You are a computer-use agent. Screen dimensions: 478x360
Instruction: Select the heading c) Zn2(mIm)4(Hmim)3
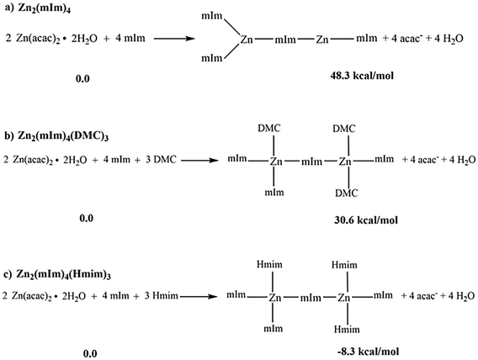point(57,275)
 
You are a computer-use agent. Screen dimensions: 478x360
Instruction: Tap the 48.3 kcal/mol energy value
point(362,75)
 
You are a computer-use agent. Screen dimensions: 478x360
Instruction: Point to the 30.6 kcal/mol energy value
point(366,220)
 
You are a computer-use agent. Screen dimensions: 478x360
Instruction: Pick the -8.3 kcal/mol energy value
point(368,352)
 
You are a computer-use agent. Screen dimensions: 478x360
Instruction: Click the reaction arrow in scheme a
point(174,39)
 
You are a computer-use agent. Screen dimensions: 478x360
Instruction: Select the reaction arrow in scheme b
point(200,160)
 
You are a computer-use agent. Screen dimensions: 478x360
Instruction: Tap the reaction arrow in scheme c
point(199,296)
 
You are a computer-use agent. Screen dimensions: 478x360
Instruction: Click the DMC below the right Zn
point(347,193)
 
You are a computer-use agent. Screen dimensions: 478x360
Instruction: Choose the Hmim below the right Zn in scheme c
point(347,329)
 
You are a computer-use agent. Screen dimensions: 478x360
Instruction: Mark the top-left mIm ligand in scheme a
point(212,16)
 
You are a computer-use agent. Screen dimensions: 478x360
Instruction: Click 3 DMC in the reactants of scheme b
point(161,159)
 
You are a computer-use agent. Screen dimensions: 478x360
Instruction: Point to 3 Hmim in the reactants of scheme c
point(161,295)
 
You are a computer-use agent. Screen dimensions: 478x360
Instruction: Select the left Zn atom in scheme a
point(247,40)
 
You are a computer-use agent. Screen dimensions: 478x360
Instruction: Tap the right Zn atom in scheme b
point(345,161)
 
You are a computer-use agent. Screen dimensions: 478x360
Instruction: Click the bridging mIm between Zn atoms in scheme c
point(311,298)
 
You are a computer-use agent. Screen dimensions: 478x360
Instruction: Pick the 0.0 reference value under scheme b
point(87,218)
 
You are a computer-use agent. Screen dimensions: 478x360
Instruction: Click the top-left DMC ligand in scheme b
point(269,128)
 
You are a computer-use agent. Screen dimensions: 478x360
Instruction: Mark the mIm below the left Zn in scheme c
point(274,328)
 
